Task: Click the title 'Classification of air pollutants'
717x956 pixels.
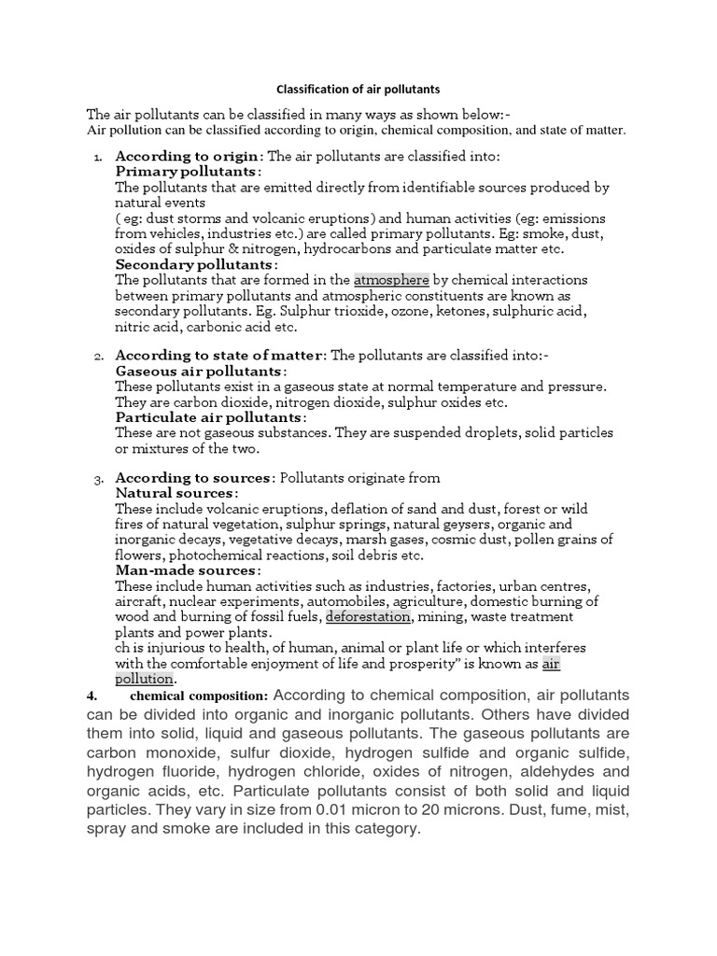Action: click(359, 91)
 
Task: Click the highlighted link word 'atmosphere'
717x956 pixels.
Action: click(391, 280)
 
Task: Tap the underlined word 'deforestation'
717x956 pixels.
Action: click(368, 617)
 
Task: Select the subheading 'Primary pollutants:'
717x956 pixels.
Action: click(188, 172)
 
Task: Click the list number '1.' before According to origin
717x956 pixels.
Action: click(99, 157)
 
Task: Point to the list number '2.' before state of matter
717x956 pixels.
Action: click(99, 357)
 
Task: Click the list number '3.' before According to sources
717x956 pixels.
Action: click(99, 479)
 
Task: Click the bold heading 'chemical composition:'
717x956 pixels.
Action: click(199, 696)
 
